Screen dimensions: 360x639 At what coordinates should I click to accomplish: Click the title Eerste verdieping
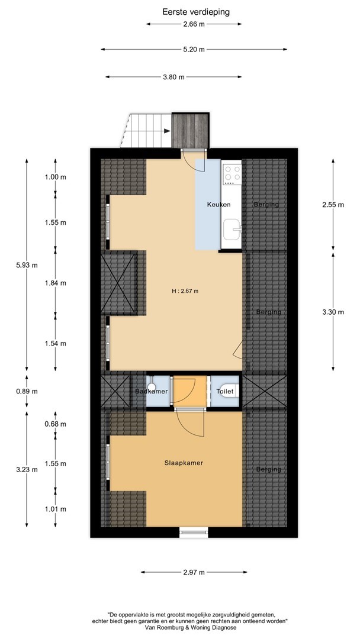[x=196, y=12]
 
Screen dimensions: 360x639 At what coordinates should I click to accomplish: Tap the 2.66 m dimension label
[x=194, y=24]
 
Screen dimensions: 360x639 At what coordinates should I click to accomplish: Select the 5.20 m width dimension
[x=194, y=49]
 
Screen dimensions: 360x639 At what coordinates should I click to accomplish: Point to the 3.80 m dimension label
[x=173, y=76]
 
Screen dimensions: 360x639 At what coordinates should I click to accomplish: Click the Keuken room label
[x=218, y=205]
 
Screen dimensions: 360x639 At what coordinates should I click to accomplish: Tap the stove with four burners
[x=232, y=173]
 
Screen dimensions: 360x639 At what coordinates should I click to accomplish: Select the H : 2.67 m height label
[x=185, y=291]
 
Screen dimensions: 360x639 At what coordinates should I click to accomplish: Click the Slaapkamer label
[x=184, y=463]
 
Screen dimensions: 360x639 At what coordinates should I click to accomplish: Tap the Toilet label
[x=225, y=391]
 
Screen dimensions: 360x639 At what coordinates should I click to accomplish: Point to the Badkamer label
[x=152, y=391]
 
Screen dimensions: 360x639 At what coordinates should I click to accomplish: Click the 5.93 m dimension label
[x=27, y=265]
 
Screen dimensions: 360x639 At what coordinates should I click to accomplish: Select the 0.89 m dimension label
[x=27, y=391]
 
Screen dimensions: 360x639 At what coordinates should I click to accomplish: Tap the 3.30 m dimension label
[x=333, y=312]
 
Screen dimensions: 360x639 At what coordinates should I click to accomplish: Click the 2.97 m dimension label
[x=194, y=572]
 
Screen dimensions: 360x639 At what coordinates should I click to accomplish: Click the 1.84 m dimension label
[x=56, y=283]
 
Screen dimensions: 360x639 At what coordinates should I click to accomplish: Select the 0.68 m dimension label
[x=56, y=424]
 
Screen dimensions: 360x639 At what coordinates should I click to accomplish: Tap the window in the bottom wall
[x=194, y=532]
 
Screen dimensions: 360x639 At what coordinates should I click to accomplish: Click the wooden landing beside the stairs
[x=191, y=130]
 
